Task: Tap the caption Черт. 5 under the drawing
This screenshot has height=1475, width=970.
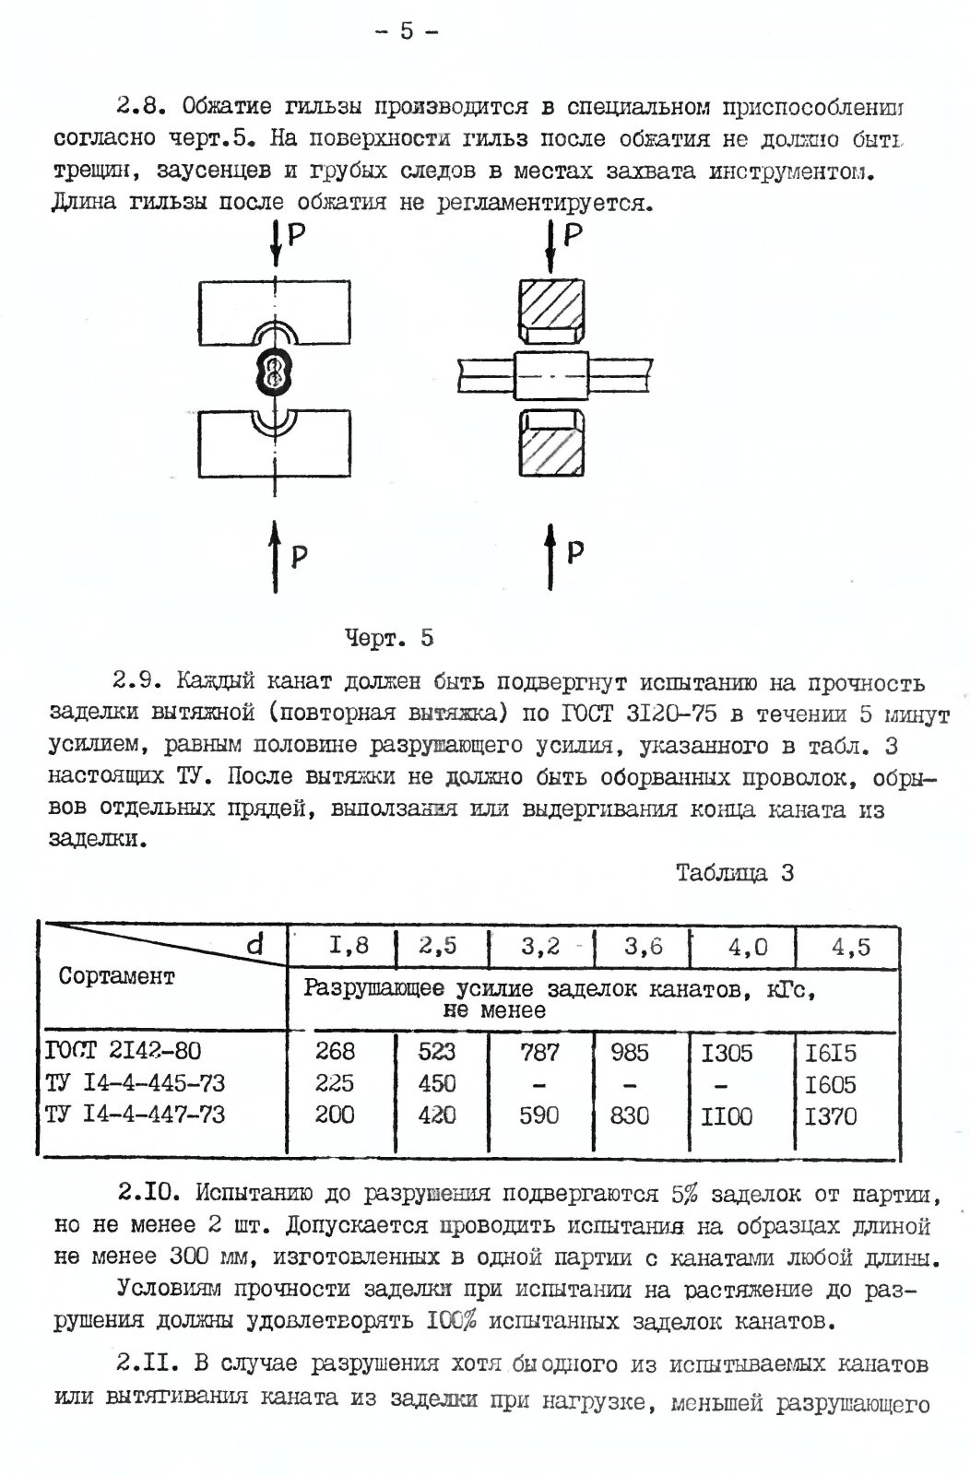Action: [389, 637]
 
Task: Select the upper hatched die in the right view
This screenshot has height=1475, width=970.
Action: [550, 308]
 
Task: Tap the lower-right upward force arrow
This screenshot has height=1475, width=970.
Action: [551, 559]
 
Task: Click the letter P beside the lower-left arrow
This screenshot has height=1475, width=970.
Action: [300, 556]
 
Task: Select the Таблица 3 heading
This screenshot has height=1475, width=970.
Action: [735, 872]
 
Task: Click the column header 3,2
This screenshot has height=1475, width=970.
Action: [540, 947]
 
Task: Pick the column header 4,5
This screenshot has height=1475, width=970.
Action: [850, 947]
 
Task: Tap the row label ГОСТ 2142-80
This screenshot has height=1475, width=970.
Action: [123, 1050]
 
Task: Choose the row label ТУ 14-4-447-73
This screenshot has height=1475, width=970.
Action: [135, 1115]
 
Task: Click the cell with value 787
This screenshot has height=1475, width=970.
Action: [539, 1052]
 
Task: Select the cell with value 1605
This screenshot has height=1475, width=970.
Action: [831, 1084]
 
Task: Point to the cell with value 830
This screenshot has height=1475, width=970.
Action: [630, 1115]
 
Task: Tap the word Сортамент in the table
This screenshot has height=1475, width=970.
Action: [117, 976]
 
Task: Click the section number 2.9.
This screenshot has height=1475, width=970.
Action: [138, 683]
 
